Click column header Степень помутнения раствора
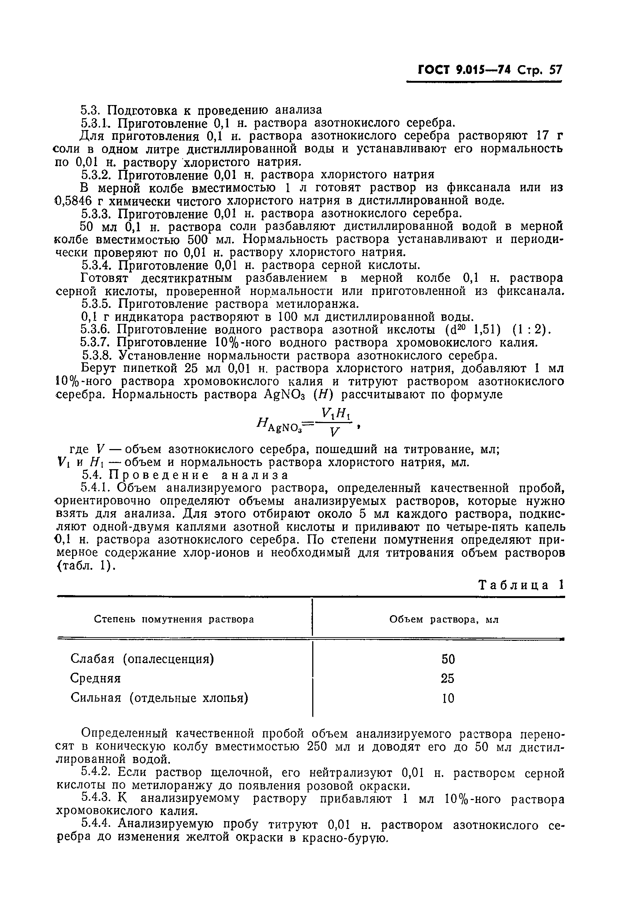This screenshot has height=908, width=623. tap(174, 620)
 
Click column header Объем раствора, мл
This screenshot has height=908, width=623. tap(444, 620)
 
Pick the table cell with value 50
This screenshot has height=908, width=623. tap(448, 659)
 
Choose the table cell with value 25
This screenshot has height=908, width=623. tap(448, 679)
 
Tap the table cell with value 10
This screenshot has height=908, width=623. tap(448, 698)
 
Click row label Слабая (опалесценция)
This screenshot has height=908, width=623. tap(142, 659)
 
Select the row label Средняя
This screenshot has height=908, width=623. tap(96, 679)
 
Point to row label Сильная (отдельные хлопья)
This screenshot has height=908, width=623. tap(159, 698)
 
